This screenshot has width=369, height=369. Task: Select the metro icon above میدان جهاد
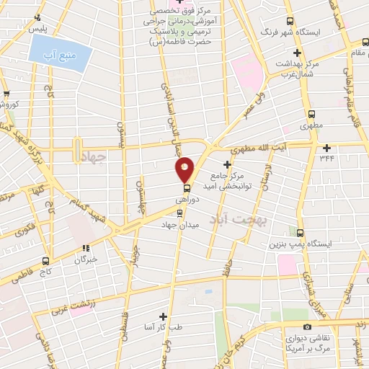[180, 213]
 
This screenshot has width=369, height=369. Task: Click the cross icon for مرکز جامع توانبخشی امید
[227, 165]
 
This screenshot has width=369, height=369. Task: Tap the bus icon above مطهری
[311, 114]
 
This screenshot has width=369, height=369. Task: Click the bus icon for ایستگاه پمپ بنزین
[301, 232]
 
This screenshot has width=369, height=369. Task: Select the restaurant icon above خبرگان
[85, 247]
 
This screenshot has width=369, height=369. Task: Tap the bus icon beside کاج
[45, 262]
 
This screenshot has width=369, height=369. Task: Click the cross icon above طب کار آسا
[163, 316]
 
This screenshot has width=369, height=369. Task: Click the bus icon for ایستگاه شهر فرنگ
[290, 21]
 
